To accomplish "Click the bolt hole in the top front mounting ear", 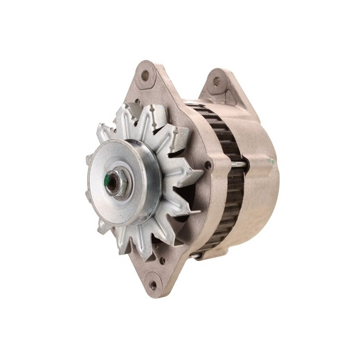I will click(x=146, y=75).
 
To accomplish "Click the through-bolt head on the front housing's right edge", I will click(x=208, y=165).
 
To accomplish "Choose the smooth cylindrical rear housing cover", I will click(x=260, y=194).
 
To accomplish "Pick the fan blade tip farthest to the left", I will click(x=89, y=160).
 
